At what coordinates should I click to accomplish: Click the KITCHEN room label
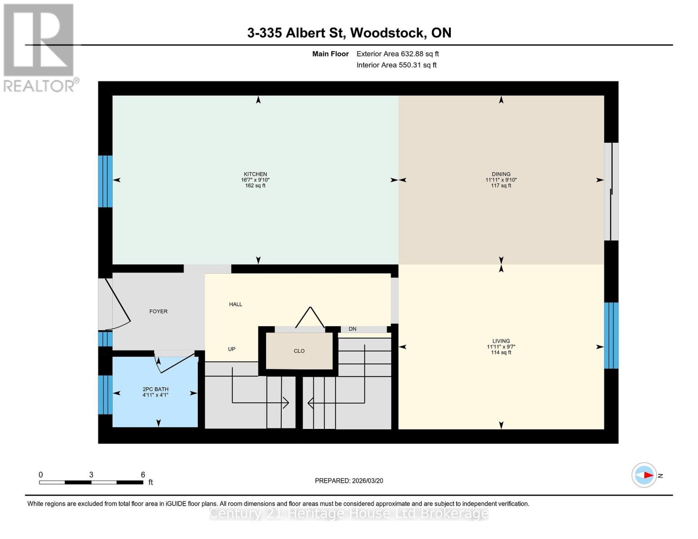tap(255, 174)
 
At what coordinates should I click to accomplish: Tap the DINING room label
tap(501, 174)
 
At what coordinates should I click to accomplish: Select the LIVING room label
tap(501, 341)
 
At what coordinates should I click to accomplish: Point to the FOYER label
tap(158, 311)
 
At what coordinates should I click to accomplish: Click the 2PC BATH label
tap(156, 389)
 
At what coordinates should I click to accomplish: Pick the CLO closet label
tap(299, 351)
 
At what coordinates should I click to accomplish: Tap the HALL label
tap(236, 304)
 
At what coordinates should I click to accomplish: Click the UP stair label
tap(231, 349)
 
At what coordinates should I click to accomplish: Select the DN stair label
tap(352, 329)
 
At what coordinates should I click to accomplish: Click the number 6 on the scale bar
tap(143, 475)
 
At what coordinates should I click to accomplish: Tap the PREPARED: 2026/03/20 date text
tap(349, 481)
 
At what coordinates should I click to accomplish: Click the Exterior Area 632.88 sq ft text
tap(397, 54)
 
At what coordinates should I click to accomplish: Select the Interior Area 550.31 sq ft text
tap(396, 65)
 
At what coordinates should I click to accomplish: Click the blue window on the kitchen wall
tap(105, 181)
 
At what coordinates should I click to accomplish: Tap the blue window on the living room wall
tap(611, 335)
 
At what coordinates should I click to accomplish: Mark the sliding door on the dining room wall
tap(611, 192)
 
